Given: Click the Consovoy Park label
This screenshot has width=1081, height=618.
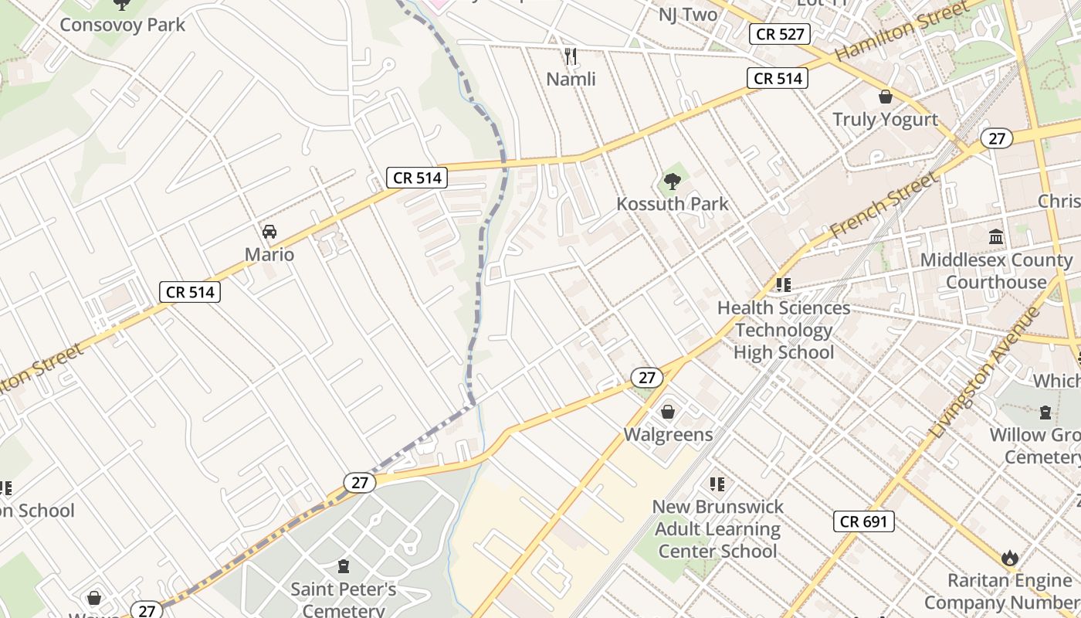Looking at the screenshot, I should click(x=123, y=25).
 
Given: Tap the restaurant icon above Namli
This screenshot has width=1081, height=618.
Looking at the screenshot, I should click(x=571, y=56).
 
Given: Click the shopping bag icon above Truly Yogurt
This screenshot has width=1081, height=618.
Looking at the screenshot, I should click(x=885, y=97).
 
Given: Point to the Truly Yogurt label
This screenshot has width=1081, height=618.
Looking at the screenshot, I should click(x=885, y=120).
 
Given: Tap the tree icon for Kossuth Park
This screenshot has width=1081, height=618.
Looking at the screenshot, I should click(x=673, y=182).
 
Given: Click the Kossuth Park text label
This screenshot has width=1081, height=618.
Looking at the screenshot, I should click(x=673, y=204).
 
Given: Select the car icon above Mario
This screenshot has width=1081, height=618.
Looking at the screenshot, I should click(x=269, y=231).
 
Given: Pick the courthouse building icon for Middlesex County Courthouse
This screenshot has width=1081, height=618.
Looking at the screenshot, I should click(x=996, y=237).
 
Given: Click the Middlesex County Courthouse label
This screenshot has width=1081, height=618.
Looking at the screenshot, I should click(x=996, y=271).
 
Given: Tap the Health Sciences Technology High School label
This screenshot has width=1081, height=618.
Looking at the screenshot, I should click(x=784, y=330).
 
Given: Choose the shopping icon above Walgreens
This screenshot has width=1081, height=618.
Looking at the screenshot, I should click(x=668, y=412).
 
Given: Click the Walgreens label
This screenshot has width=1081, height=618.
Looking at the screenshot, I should click(x=668, y=434).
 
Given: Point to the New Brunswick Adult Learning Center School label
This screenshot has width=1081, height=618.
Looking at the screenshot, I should click(x=717, y=529).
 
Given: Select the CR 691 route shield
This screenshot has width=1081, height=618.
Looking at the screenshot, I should click(x=864, y=521).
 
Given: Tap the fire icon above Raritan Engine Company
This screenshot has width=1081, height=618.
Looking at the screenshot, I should click(x=1009, y=558).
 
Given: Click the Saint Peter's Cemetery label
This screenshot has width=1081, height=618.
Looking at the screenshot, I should click(x=343, y=599).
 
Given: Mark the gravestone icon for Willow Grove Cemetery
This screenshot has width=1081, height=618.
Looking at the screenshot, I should click(x=1045, y=413).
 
